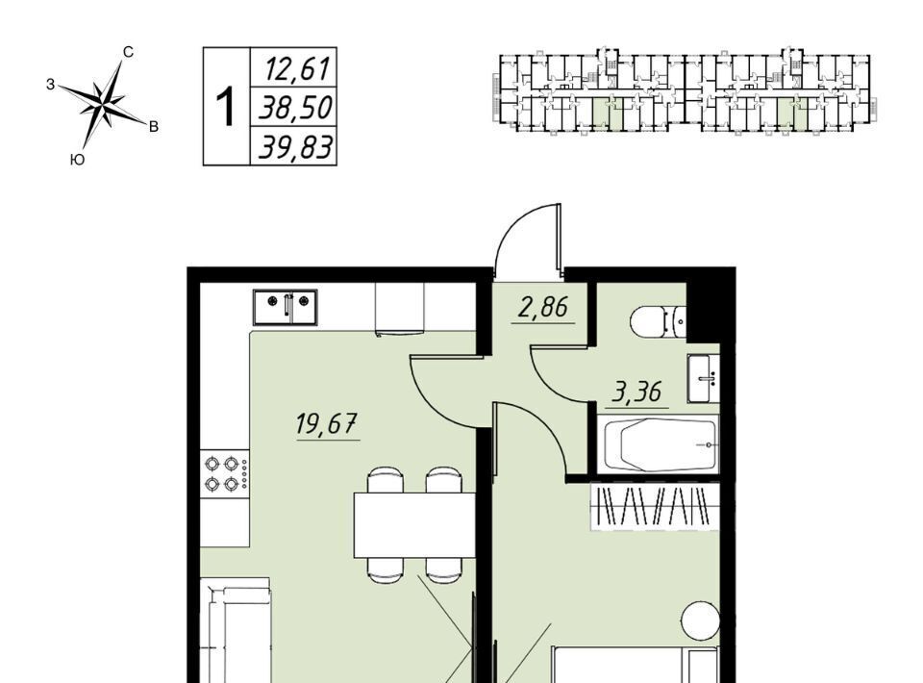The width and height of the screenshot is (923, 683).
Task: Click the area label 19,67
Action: (x=327, y=423)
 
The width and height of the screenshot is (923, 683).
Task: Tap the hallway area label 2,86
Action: (x=543, y=308)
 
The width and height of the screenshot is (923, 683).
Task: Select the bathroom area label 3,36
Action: (x=637, y=392)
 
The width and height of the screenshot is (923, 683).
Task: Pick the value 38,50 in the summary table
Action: (x=296, y=108)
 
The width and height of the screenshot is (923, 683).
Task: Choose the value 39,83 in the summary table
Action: (x=296, y=147)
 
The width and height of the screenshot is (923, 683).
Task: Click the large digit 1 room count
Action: (x=225, y=107)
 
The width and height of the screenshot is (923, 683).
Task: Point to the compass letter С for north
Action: (x=128, y=52)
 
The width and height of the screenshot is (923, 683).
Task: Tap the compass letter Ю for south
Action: (x=77, y=160)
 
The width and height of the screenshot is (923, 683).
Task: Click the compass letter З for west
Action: (x=51, y=85)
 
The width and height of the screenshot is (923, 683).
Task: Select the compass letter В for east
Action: (x=154, y=127)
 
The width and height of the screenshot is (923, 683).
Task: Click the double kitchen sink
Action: (x=286, y=307)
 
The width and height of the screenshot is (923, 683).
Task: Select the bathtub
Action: (x=658, y=444)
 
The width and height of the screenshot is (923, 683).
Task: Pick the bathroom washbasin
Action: (x=704, y=379)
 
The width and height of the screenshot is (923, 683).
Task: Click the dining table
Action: (x=414, y=524)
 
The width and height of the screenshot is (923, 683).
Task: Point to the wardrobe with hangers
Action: (x=655, y=506)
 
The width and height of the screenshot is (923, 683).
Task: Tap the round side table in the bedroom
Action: (x=701, y=620)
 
